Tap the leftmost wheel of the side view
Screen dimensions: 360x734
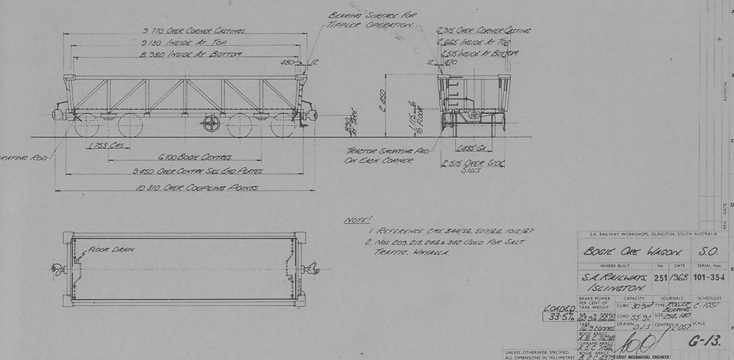(86, 125)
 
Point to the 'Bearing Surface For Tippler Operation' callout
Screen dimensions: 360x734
(370, 20)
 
